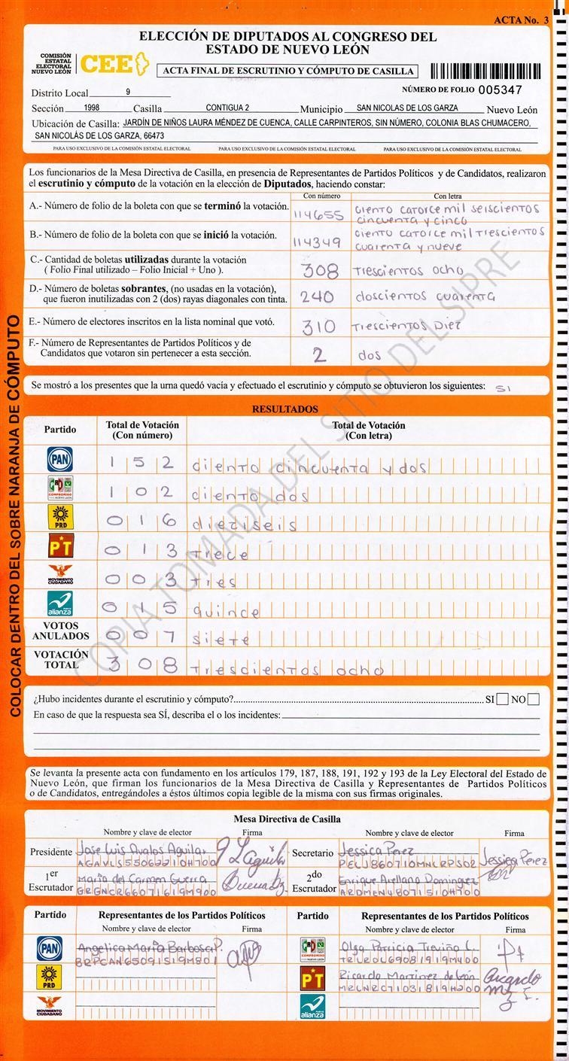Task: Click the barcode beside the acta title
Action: tap(485, 71)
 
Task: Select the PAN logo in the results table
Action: tap(59, 458)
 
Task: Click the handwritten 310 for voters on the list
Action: tap(318, 327)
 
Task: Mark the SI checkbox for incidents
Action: tap(503, 700)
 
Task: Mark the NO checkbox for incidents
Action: tap(534, 700)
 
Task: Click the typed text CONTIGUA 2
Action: tap(227, 108)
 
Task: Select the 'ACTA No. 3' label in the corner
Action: tap(521, 20)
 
